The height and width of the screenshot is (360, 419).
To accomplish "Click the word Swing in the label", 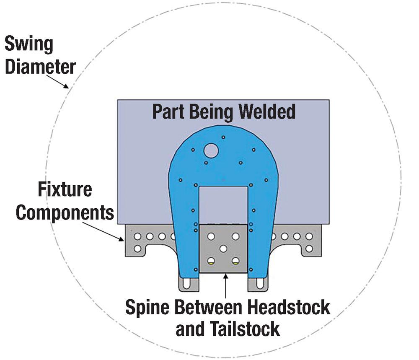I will [x=28, y=44].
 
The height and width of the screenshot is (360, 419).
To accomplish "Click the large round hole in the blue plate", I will [x=211, y=150].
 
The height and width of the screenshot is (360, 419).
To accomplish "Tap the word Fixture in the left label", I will [x=65, y=189].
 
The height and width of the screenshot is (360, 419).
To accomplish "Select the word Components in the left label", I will [x=65, y=212].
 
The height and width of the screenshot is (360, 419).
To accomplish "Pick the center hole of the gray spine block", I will [x=223, y=249].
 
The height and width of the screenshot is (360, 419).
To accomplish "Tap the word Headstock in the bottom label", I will [x=287, y=308].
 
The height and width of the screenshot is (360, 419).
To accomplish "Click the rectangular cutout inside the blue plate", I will [x=223, y=205].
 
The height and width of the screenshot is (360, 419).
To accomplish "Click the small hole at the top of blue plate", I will [x=224, y=137].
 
